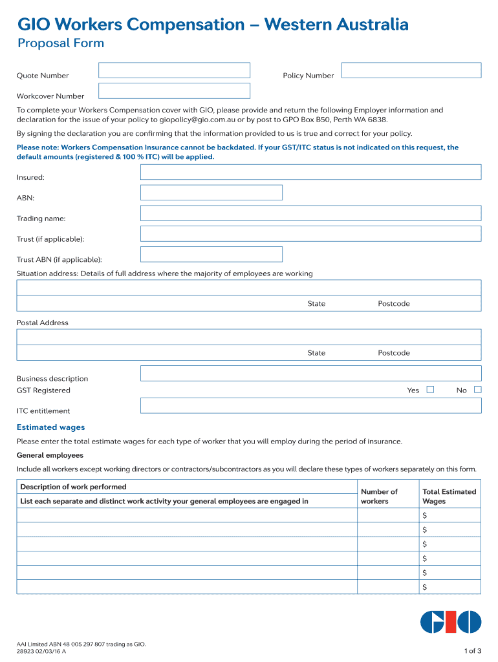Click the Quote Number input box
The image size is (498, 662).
(x=174, y=70)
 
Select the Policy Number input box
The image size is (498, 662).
(x=411, y=70)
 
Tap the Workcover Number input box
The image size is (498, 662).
(x=174, y=91)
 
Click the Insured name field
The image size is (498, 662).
(x=310, y=172)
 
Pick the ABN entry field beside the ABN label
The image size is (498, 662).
(x=211, y=193)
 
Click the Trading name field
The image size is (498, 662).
(x=310, y=213)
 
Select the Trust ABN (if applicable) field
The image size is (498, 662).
(x=211, y=254)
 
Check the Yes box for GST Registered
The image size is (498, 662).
(x=430, y=389)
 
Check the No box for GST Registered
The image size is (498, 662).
(x=478, y=389)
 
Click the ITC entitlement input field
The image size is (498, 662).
(x=310, y=405)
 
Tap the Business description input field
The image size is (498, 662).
(x=310, y=373)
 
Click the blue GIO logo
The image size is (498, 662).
(x=451, y=622)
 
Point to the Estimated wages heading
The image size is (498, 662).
(x=50, y=427)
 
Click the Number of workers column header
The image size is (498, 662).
(x=379, y=496)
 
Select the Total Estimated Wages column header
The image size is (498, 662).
(x=449, y=496)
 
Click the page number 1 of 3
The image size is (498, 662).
(x=473, y=650)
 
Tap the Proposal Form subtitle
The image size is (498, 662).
(x=60, y=44)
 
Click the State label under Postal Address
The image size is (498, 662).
(x=316, y=353)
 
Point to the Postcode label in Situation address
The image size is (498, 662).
(x=394, y=304)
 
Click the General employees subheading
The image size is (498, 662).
(x=50, y=455)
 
